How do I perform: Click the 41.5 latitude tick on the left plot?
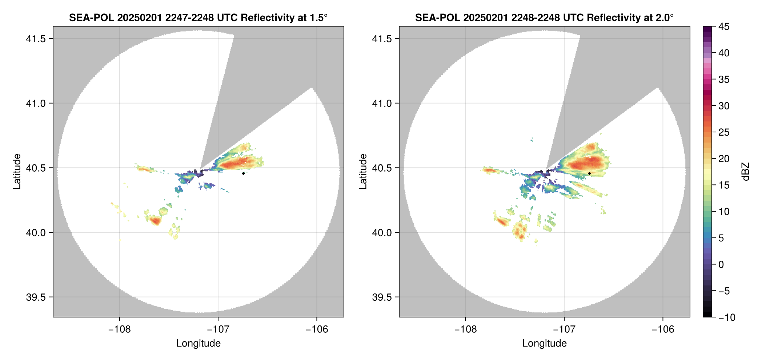coord(36,39)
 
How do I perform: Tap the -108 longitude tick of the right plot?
coord(465,329)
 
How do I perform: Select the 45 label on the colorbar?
coord(724,27)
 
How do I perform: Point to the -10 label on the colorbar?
coord(727,317)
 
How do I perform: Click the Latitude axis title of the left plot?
coord(17,172)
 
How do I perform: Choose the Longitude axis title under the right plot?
coord(544,343)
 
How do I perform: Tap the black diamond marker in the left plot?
coord(243,173)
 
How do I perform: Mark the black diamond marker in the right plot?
coord(589,173)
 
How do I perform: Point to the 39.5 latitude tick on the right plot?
coord(382,297)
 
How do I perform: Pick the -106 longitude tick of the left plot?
coord(317,329)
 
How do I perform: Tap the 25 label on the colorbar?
coord(724,132)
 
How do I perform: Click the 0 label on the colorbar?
coord(721,264)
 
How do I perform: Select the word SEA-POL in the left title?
coord(91,18)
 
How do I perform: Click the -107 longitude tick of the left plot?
coord(218,329)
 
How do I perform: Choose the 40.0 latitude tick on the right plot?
coord(382,232)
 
